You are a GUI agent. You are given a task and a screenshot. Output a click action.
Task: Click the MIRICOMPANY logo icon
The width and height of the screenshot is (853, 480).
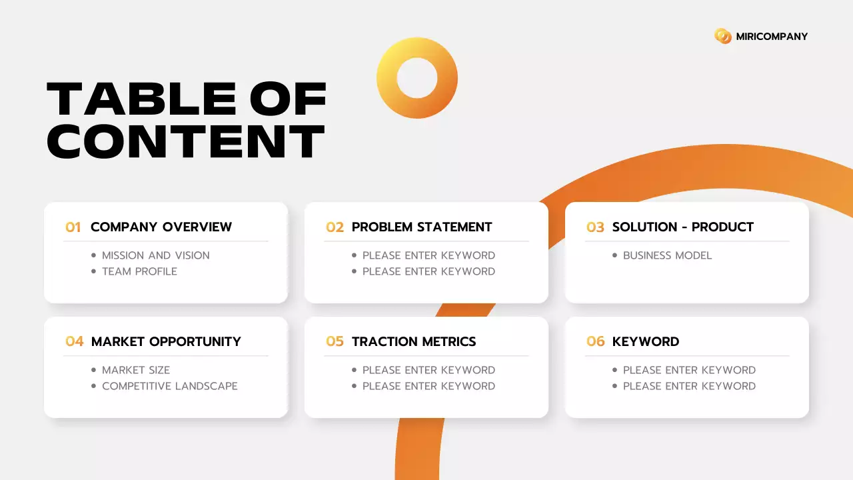pos(722,36)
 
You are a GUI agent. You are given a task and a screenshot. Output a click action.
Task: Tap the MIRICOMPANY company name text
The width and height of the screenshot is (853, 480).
pos(772,37)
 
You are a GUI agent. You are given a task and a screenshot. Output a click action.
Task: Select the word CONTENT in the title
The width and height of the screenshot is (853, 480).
pos(186,141)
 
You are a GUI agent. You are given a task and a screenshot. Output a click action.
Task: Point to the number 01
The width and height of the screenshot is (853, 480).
pos(73,227)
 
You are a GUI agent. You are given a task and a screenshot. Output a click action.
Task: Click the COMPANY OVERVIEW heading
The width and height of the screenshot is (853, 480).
pos(161,227)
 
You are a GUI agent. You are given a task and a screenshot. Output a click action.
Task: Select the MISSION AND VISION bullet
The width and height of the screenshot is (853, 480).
pos(155,255)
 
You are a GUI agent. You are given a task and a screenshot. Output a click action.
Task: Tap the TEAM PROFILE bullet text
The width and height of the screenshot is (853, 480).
pos(139,271)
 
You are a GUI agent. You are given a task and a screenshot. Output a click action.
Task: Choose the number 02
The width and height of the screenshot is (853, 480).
pos(335,227)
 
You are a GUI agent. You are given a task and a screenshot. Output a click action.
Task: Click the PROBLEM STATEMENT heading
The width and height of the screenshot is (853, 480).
pos(422,227)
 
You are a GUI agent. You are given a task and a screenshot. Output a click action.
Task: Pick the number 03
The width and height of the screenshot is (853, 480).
pos(595,227)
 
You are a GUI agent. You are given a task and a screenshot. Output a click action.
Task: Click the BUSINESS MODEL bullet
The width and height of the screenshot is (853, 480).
pos(667,255)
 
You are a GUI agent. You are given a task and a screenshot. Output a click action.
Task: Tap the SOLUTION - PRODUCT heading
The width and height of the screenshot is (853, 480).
pos(683,227)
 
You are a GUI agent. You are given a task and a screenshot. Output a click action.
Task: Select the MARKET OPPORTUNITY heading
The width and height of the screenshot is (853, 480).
pos(166,342)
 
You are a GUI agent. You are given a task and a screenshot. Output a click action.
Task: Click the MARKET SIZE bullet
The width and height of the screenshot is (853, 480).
pos(136,370)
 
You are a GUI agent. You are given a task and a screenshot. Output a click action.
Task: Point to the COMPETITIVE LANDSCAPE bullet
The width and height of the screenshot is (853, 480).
pos(169,386)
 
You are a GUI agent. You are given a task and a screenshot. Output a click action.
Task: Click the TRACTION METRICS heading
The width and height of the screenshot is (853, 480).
pos(414,342)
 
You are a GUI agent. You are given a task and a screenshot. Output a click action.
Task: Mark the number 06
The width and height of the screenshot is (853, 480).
pos(595,342)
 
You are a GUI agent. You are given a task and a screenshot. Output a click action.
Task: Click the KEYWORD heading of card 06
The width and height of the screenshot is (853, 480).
pos(646,342)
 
